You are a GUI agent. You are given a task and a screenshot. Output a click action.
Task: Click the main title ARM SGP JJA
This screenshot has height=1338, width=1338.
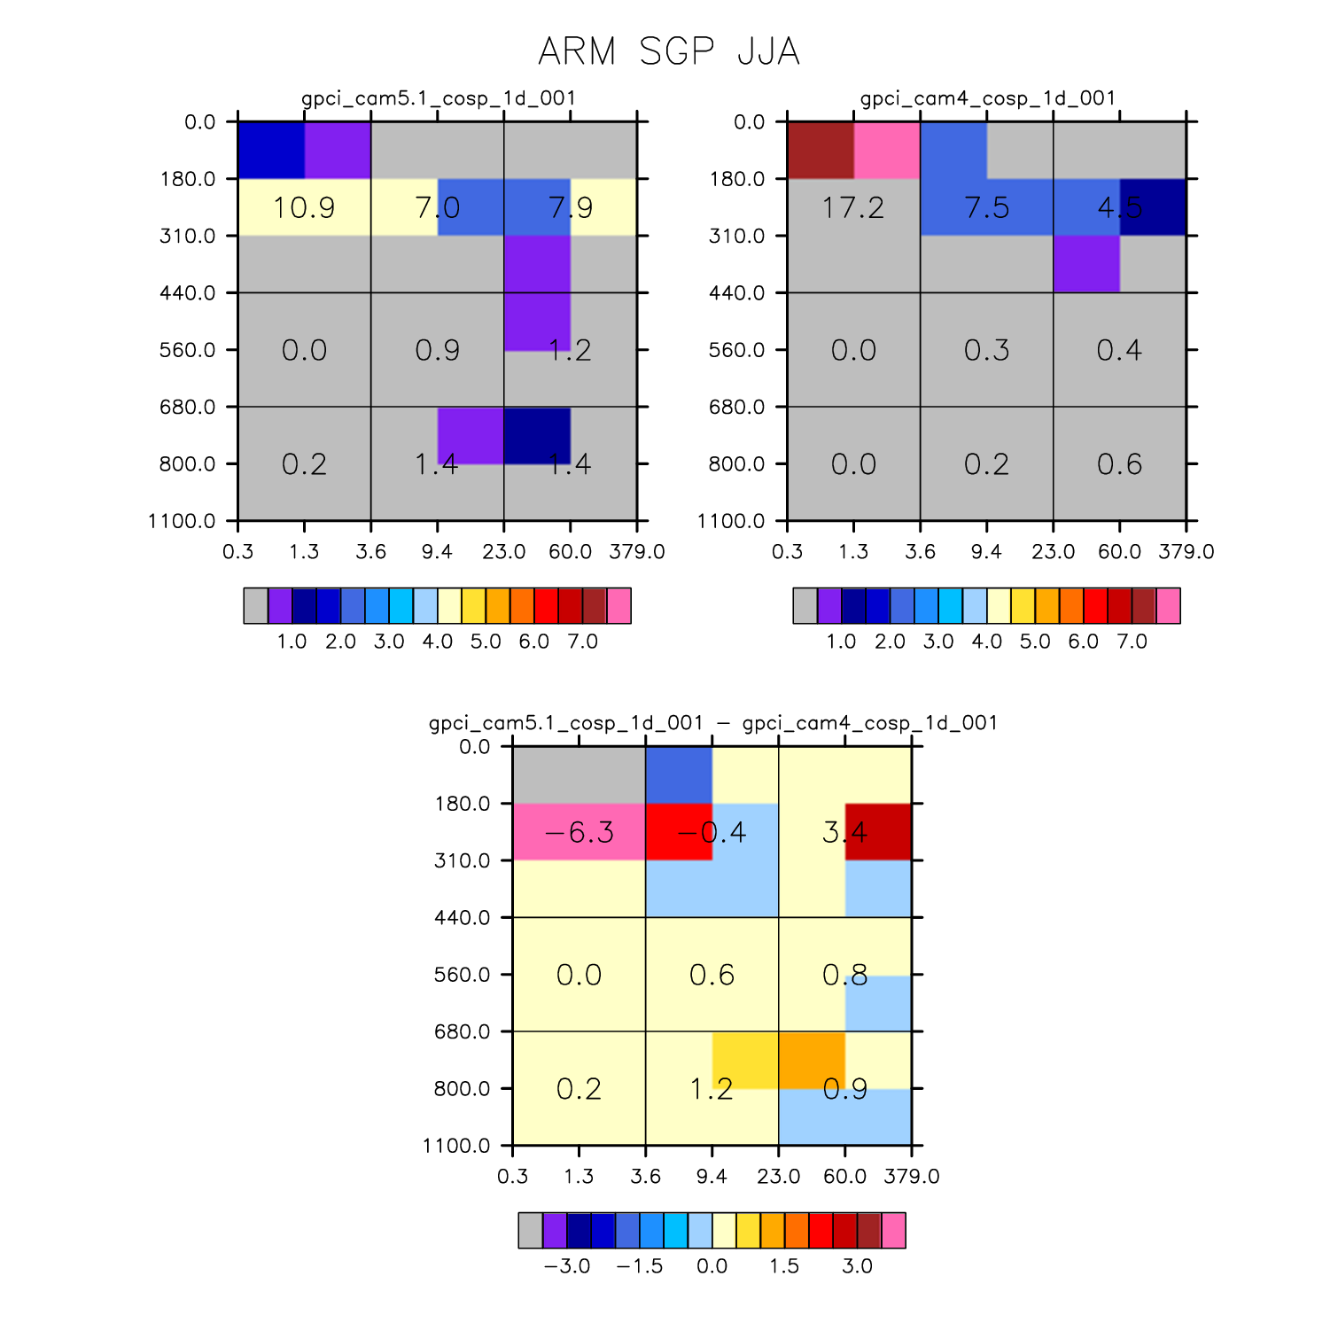click(669, 51)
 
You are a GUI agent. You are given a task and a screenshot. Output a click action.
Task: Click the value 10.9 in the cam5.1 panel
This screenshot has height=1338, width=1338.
click(304, 207)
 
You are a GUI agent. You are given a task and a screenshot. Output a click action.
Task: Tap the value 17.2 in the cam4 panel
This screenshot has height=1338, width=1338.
click(853, 207)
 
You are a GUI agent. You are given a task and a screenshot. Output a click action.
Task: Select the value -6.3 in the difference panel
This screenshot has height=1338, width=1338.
click(579, 832)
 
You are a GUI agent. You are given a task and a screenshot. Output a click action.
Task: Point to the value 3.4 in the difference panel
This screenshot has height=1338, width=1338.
click(844, 832)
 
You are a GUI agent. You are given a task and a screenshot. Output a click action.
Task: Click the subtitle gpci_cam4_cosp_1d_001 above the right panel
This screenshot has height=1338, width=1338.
click(987, 98)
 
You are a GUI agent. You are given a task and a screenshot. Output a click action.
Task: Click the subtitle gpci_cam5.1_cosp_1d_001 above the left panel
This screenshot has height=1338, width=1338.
click(438, 98)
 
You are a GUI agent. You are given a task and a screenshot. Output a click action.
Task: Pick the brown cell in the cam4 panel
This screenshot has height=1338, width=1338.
click(821, 151)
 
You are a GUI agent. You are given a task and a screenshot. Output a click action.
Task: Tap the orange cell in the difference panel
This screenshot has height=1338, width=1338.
click(812, 1060)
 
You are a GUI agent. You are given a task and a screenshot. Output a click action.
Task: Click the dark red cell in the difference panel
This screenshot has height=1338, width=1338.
click(878, 832)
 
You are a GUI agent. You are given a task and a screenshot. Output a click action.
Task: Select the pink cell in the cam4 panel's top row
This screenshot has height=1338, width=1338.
click(887, 151)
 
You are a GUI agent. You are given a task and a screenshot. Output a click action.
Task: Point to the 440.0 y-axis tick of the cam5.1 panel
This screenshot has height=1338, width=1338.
click(232, 292)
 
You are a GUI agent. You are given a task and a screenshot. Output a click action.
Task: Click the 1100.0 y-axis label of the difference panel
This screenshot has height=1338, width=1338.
click(455, 1146)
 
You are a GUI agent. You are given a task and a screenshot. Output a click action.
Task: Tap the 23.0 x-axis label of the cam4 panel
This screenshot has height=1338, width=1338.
click(1053, 552)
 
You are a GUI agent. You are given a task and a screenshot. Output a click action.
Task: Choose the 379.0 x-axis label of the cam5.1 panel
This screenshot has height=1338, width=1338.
click(637, 552)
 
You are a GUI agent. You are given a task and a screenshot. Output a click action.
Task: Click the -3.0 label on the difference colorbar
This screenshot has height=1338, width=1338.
click(566, 1266)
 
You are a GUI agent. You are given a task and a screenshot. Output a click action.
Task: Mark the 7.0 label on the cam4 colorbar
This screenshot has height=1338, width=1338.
click(1132, 642)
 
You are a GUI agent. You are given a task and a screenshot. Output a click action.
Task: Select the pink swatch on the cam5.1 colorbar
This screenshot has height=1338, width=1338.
click(618, 606)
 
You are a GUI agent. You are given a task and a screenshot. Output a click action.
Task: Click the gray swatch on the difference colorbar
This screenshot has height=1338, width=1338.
click(531, 1231)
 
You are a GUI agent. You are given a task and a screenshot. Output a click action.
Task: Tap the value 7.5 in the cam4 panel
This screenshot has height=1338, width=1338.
click(986, 207)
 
